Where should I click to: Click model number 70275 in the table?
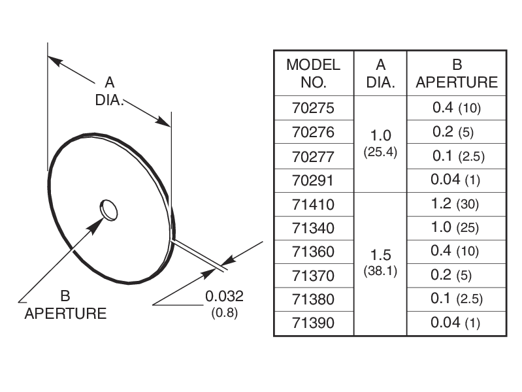(x=313, y=108)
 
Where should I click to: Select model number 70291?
(x=313, y=180)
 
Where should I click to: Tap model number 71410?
(x=313, y=204)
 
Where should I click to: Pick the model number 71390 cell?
(x=313, y=323)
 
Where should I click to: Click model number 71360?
(x=313, y=252)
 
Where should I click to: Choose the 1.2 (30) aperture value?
(x=456, y=204)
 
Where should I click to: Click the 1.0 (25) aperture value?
(x=456, y=228)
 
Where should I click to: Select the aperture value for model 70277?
(x=456, y=157)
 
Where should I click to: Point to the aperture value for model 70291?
(x=456, y=180)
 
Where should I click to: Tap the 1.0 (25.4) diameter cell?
(x=380, y=144)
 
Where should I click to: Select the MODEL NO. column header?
(x=313, y=73)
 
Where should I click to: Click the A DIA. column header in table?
(x=380, y=73)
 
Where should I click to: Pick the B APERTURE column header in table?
(x=456, y=73)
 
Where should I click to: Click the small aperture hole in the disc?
(x=109, y=210)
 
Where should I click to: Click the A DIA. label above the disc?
(x=110, y=91)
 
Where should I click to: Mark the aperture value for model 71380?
(x=456, y=299)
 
